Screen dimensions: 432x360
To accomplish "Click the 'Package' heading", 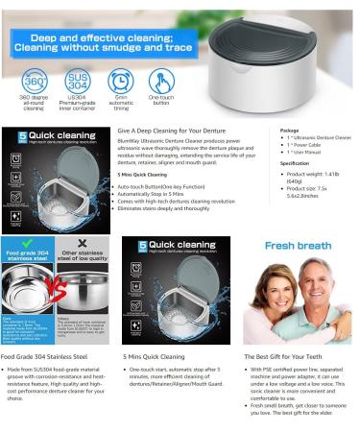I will point(289,129).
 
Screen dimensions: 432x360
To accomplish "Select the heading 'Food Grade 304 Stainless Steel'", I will point(49,354).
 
